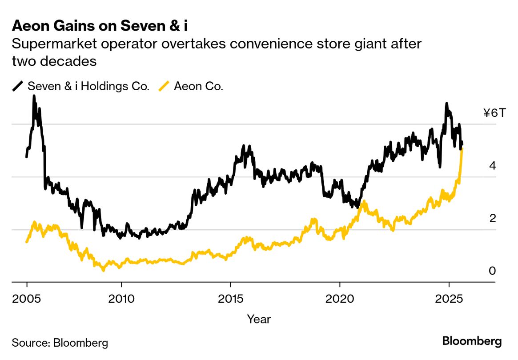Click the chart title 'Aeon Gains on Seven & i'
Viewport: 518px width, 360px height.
(x=100, y=26)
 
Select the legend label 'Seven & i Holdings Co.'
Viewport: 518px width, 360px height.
(x=88, y=86)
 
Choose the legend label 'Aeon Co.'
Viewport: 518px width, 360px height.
(x=198, y=86)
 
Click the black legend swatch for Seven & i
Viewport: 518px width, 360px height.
(x=18, y=86)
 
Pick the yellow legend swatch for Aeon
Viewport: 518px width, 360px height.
(x=164, y=86)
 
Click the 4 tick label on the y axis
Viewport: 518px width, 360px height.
(x=492, y=166)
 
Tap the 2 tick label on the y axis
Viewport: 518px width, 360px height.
(x=492, y=218)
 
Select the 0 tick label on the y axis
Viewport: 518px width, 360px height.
(x=492, y=271)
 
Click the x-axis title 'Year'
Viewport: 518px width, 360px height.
(x=259, y=319)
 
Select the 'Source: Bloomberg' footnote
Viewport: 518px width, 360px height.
(x=60, y=343)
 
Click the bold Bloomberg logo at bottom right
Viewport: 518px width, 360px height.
(x=472, y=341)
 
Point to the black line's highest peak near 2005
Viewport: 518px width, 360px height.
(x=34, y=96)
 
